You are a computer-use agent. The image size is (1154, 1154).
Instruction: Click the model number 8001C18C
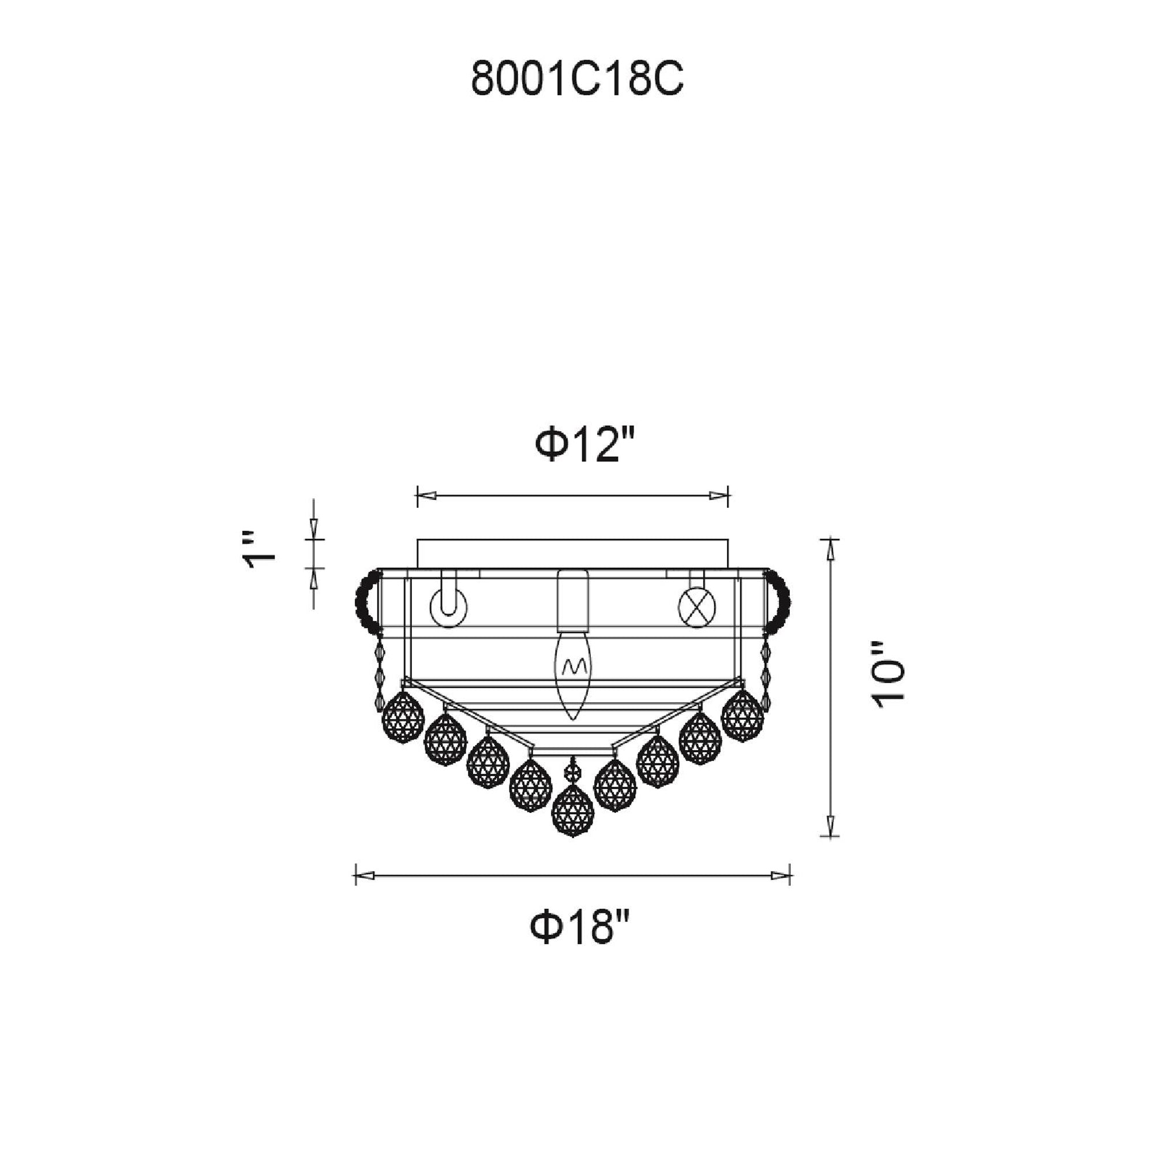tap(577, 80)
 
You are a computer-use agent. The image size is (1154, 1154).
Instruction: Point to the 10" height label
tap(888, 684)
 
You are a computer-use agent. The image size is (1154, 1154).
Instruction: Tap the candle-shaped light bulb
tap(572, 677)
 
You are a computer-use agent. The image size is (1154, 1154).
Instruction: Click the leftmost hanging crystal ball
tap(403, 717)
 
